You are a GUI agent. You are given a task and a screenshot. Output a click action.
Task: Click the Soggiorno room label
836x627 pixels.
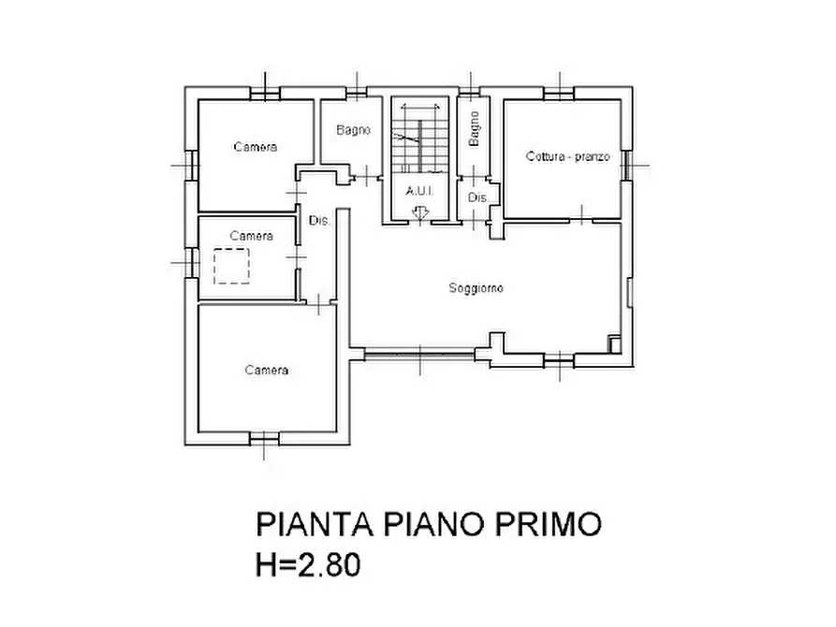(476, 289)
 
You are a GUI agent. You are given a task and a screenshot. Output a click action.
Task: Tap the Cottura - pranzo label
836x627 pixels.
(567, 157)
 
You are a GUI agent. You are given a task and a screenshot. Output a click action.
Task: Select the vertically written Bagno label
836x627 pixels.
(475, 128)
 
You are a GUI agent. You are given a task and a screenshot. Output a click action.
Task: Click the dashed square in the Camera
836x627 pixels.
(232, 266)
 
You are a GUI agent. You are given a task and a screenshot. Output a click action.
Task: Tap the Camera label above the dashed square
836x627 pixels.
(251, 236)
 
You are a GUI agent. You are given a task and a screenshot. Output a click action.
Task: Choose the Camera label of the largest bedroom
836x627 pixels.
(267, 371)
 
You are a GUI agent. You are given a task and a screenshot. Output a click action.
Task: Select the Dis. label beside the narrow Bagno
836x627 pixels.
(477, 198)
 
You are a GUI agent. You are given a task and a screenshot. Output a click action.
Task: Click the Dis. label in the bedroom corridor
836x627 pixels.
(319, 221)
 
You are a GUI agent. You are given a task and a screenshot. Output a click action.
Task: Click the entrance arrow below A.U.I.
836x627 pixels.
(419, 214)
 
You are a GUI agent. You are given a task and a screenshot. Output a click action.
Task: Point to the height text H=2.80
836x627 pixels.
(308, 566)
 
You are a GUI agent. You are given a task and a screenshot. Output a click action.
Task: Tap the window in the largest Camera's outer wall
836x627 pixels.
(264, 436)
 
